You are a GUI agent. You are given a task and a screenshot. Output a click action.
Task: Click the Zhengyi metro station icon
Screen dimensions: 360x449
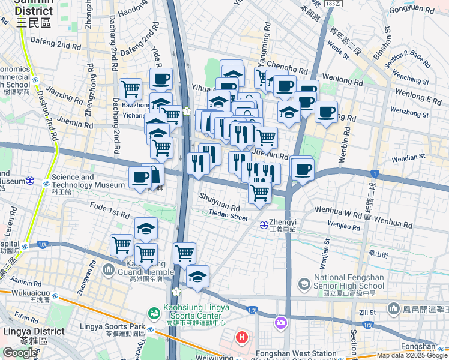264,225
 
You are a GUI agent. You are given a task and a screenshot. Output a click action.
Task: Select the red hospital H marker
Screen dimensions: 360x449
242,337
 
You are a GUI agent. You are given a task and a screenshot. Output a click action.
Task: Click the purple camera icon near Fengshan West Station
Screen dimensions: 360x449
280,323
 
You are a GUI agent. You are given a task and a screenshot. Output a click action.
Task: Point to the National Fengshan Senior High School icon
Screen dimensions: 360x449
304,283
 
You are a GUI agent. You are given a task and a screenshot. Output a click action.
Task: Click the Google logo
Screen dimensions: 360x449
19,353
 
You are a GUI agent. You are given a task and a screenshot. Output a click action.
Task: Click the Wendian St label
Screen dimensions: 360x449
409,157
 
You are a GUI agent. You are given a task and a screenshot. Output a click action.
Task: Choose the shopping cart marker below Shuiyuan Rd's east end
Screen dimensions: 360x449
259,194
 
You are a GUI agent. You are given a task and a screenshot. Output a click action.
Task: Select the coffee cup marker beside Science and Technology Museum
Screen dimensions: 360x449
140,178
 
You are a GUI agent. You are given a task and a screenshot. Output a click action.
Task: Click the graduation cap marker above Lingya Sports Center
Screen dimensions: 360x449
197,277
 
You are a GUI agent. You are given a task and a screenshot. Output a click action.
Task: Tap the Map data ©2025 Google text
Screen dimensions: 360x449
411,355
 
